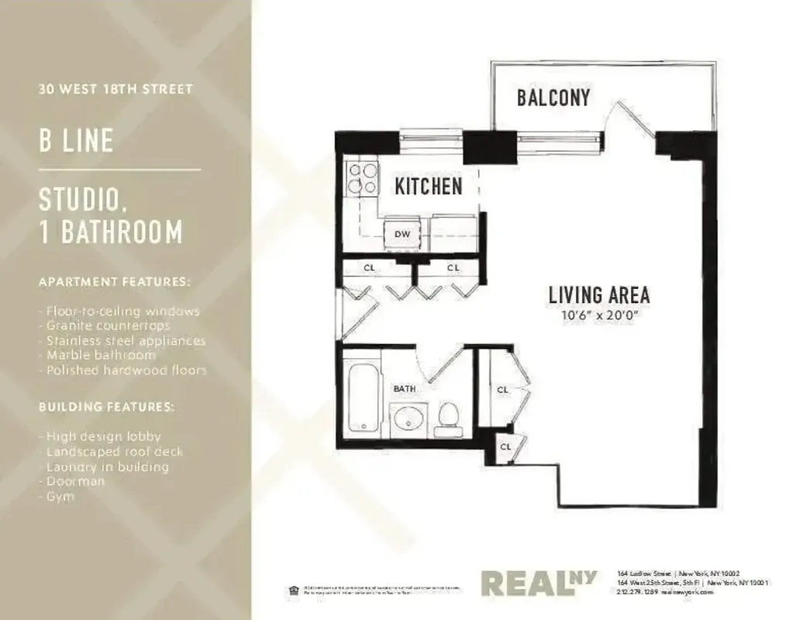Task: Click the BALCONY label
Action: [x=553, y=98]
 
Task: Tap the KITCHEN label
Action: [x=429, y=186]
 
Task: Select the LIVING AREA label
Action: [x=598, y=294]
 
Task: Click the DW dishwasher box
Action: [x=401, y=233]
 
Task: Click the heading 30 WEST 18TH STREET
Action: [x=115, y=89]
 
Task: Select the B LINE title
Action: [x=77, y=141]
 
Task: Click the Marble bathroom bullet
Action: [x=97, y=355]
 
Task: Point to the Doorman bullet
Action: [x=71, y=481]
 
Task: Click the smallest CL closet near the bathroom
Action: [x=505, y=446]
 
